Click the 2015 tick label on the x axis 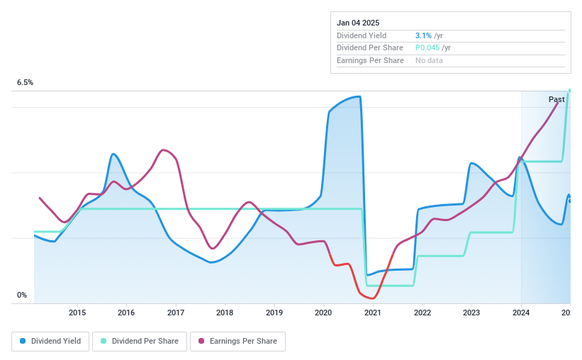coord(77,313)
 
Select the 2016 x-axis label coord(126,313)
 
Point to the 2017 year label coord(176,313)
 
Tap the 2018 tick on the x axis coord(225,313)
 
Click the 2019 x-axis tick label coord(274,313)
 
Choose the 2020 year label coord(323,313)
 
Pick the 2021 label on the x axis coord(373,313)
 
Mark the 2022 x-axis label coord(422,313)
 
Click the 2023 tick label coord(471,313)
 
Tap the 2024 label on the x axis coord(520,313)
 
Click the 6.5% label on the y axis coord(26,83)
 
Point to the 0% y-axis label coord(22,296)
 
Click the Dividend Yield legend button coord(50,342)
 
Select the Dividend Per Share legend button coord(140,342)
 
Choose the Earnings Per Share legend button coord(237,342)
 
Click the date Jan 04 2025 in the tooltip coord(358,23)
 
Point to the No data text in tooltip coord(430,61)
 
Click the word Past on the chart coord(556,100)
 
